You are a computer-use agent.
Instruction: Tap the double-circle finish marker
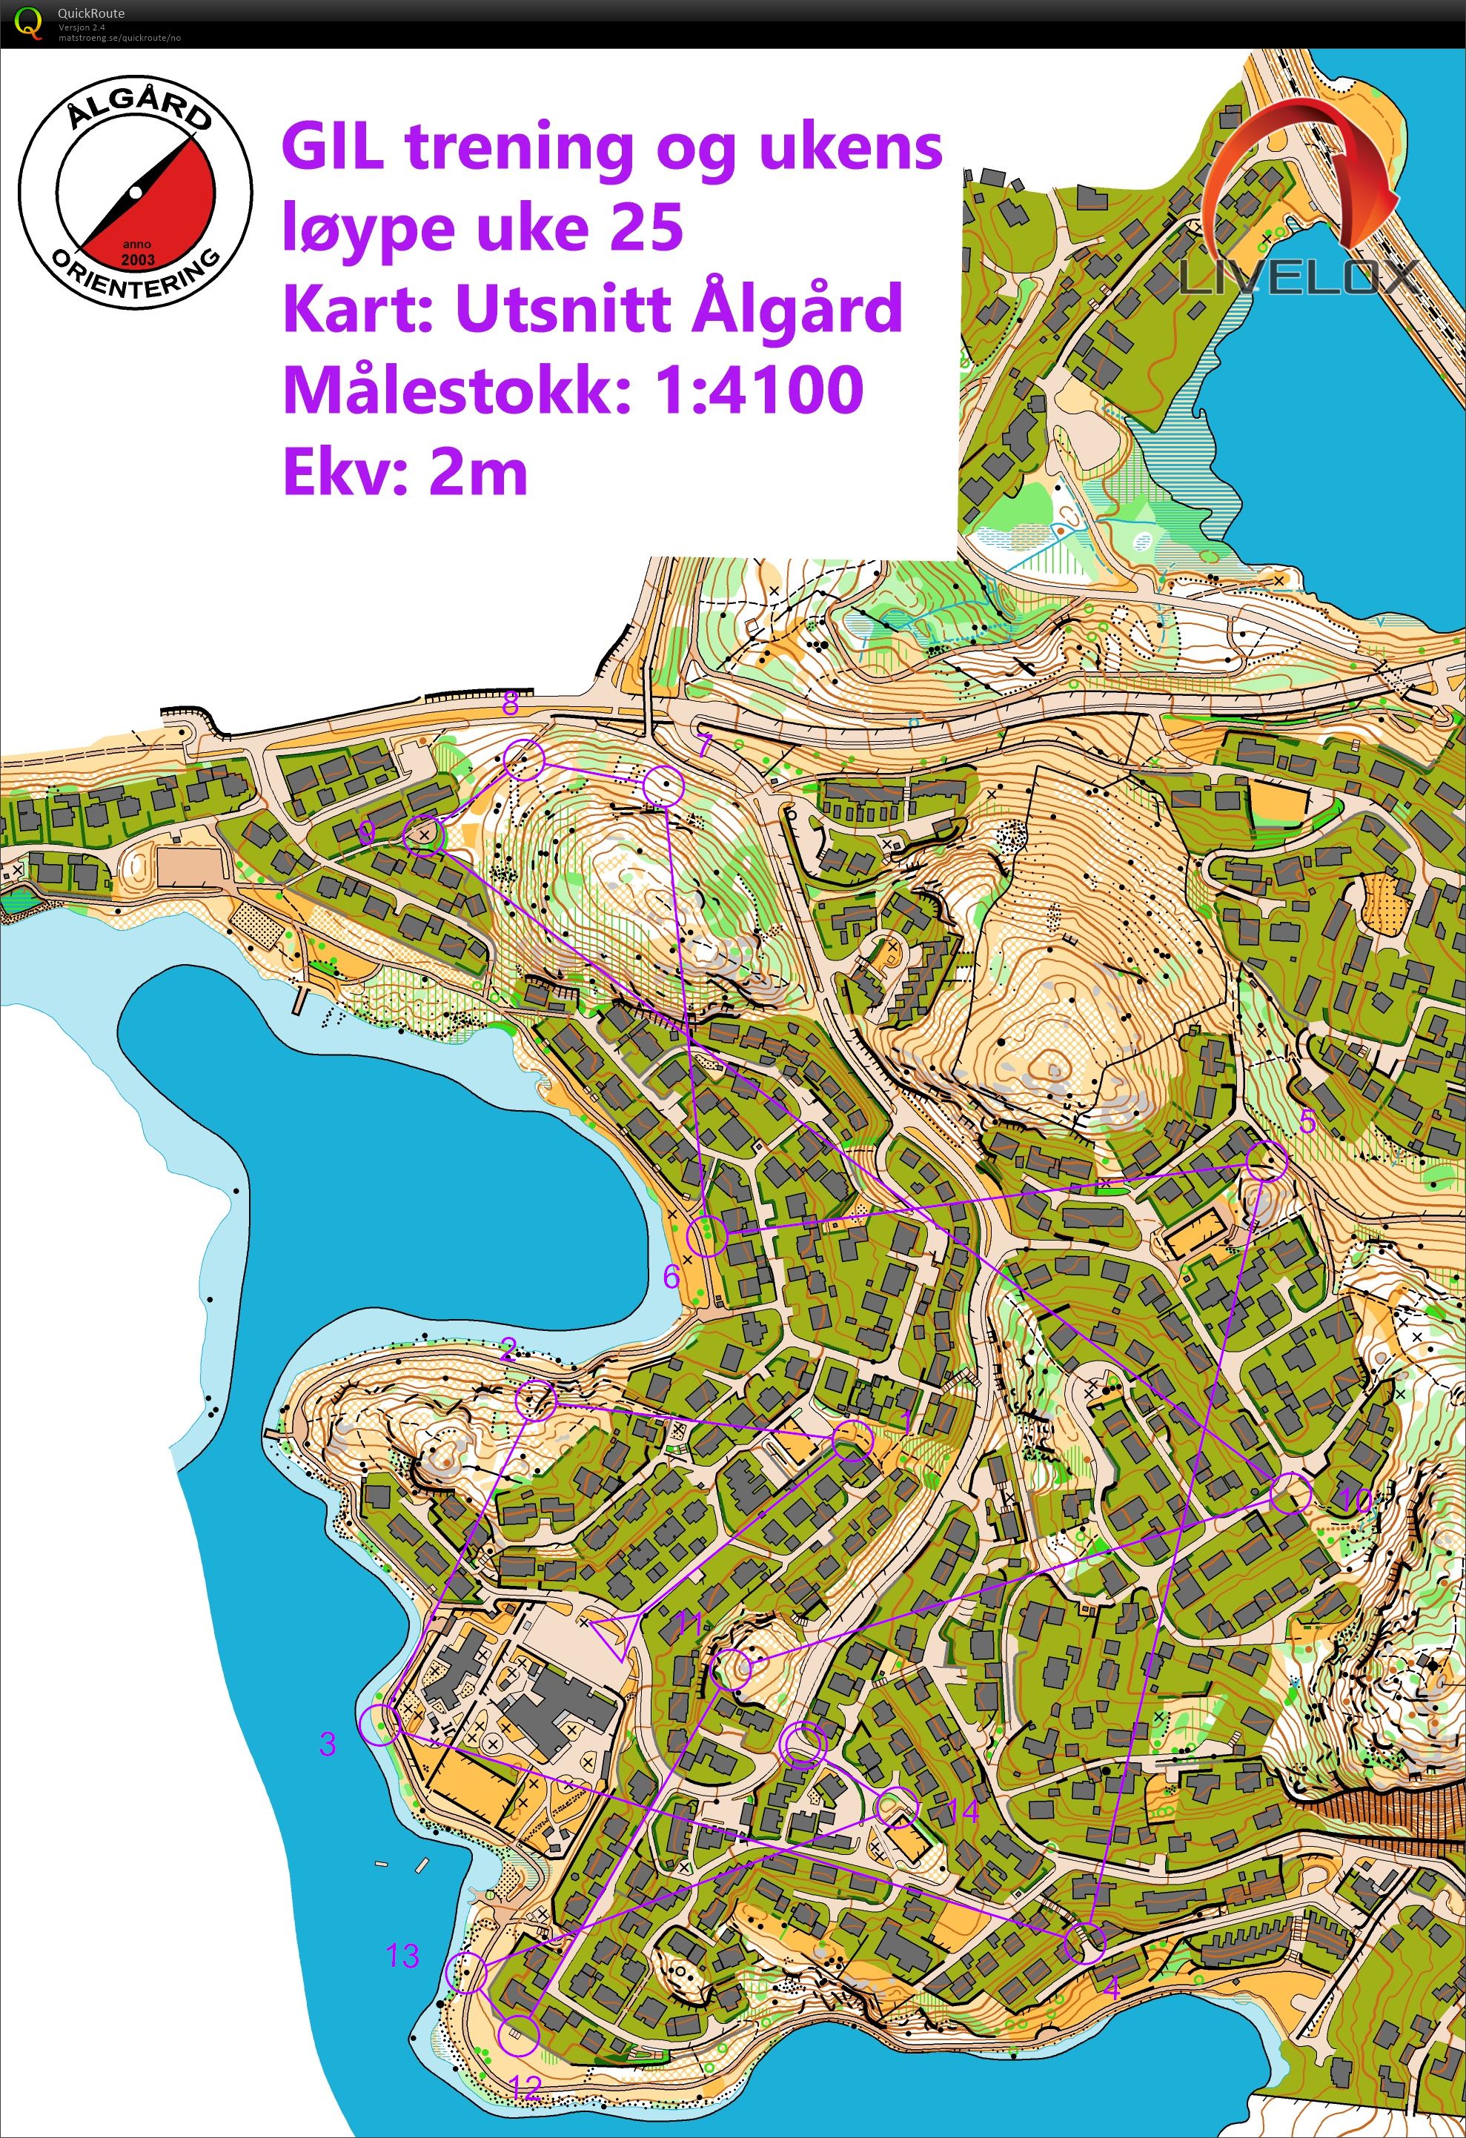803,1745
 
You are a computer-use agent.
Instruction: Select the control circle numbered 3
380,1725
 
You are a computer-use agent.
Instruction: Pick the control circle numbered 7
663,786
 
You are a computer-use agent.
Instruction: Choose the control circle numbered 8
524,759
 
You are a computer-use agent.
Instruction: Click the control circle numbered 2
536,1399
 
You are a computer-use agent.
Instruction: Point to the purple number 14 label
963,1813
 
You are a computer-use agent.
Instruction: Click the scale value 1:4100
759,389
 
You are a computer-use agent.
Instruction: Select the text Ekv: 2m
405,472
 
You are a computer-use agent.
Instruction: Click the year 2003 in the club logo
137,259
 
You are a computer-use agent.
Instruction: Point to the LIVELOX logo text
1298,276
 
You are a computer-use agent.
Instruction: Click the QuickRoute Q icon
30,23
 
